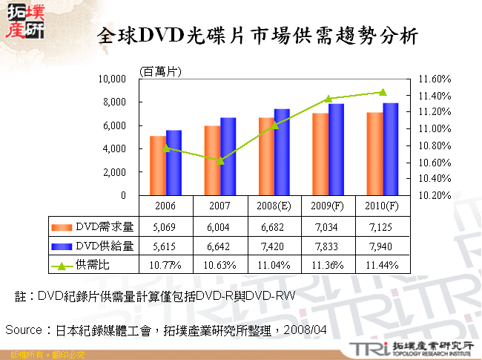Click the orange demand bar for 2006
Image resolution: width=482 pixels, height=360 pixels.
click(157, 166)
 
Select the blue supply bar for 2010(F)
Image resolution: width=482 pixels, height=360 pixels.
click(390, 149)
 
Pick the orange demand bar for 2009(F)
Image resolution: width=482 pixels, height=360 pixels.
click(320, 154)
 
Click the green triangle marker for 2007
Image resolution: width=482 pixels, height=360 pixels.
click(219, 160)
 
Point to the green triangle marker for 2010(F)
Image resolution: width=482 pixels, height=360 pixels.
click(383, 92)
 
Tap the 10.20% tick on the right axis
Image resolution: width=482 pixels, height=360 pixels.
click(435, 195)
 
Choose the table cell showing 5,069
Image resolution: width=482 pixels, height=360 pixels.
click(165, 226)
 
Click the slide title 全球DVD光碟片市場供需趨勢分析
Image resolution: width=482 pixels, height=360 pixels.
click(257, 35)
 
